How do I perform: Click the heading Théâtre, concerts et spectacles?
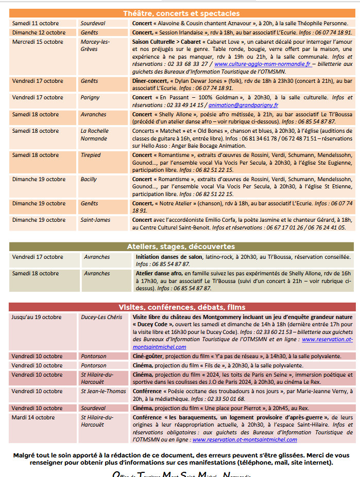(x=181, y=13)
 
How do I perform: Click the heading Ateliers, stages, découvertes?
(x=181, y=246)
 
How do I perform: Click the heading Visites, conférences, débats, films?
(x=182, y=307)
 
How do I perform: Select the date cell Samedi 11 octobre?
(x=36, y=23)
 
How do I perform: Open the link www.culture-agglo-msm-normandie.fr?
(x=263, y=64)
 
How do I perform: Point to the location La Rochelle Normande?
(x=95, y=134)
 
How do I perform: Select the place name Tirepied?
(x=91, y=155)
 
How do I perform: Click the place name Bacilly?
(x=89, y=179)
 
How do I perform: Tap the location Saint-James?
(x=95, y=220)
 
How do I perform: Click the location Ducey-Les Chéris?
(x=101, y=317)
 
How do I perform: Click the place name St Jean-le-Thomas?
(x=103, y=391)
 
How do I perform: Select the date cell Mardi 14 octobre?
(x=33, y=417)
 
